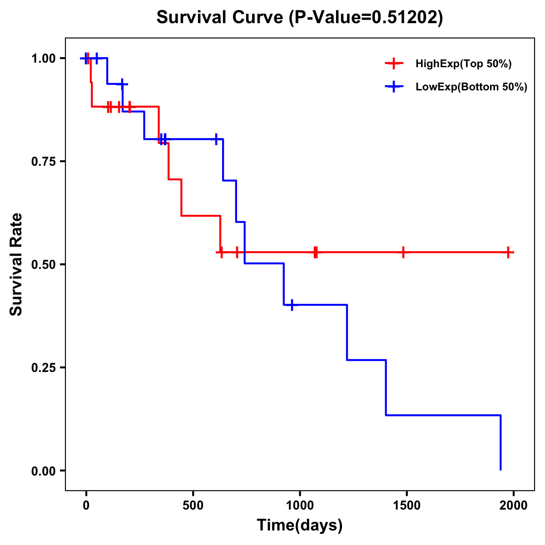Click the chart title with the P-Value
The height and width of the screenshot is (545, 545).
coord(300,17)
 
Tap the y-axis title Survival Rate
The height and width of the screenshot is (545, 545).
coord(16,264)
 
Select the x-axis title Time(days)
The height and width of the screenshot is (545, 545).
coord(300,525)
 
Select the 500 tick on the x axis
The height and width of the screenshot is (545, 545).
coord(193,505)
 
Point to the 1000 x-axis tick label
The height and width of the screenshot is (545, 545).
coord(300,505)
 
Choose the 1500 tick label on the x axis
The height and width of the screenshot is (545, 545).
coord(406,505)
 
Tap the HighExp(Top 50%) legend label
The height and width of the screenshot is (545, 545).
coord(464,64)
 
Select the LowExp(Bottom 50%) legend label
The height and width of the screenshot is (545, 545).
coord(471,87)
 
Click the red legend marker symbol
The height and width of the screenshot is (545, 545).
coord(394,64)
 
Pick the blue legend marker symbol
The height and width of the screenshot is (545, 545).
coord(394,87)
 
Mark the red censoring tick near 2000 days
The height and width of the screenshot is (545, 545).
coord(508,252)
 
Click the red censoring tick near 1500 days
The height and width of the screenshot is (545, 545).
coord(403,252)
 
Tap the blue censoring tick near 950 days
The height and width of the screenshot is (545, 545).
coord(292,305)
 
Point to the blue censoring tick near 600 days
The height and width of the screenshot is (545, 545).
coord(216,139)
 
